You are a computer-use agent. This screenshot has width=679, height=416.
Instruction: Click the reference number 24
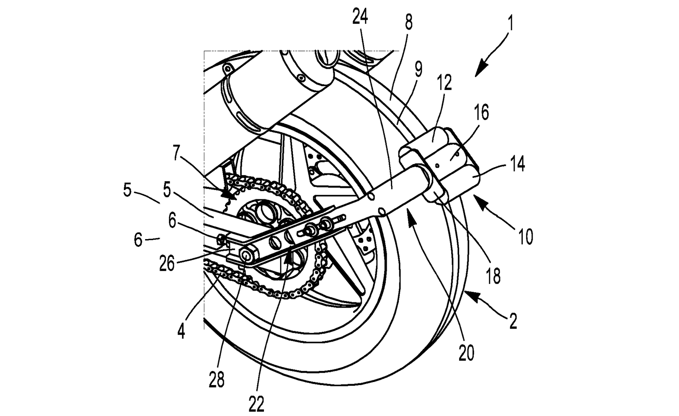point(360,17)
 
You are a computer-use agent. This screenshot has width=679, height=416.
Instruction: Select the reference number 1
point(511,24)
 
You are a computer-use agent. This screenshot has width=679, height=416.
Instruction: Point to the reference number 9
point(418,70)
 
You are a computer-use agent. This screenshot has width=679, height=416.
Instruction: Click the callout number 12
point(444,82)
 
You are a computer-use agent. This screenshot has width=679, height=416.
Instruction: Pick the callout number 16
point(481,112)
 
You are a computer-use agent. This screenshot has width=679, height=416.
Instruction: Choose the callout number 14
point(517,164)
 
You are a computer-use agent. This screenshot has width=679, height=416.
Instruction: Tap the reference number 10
point(526,237)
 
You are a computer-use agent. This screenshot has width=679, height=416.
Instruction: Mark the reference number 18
point(493,276)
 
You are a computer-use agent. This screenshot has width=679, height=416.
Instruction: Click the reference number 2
point(513,321)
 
